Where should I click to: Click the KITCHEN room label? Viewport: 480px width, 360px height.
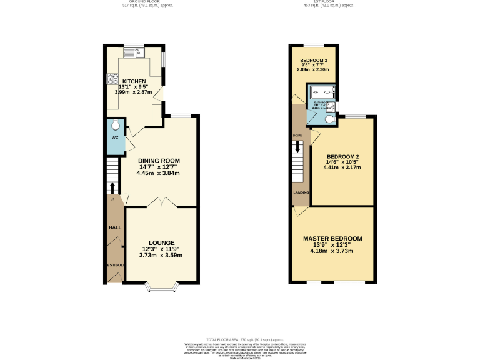[134, 81]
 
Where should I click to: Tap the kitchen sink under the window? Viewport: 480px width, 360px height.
[133, 54]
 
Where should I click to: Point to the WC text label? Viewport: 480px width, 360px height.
[115, 137]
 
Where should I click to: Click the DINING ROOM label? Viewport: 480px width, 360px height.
[159, 160]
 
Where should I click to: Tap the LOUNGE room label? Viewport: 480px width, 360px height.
[161, 242]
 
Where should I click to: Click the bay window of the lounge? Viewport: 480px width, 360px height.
[161, 288]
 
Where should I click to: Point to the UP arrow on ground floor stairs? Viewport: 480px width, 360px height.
[112, 187]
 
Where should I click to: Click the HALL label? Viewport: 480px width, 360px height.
[115, 228]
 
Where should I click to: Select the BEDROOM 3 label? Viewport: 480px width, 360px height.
[313, 61]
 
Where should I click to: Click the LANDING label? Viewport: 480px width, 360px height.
[301, 192]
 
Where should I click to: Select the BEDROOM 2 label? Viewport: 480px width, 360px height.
[342, 156]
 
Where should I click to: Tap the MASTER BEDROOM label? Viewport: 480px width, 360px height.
[332, 239]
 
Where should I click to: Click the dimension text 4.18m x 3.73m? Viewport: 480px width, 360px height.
[332, 251]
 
